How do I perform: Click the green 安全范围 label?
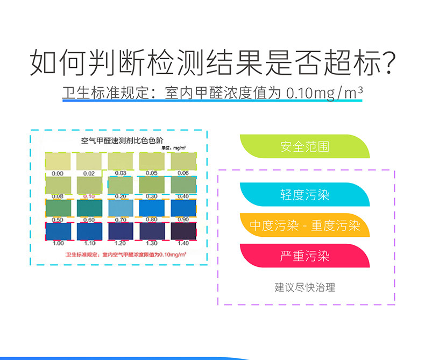point(304,146)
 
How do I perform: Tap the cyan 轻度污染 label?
point(304,195)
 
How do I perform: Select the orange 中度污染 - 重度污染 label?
point(304,225)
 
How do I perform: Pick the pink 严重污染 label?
point(304,256)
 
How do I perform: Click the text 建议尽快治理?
point(304,287)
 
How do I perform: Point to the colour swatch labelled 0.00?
point(58,161)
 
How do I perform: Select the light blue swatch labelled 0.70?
point(121,208)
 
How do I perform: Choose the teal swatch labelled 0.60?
point(89,208)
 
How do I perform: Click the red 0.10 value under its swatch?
point(89,196)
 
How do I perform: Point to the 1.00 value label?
point(58,243)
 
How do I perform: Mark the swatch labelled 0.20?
point(121,185)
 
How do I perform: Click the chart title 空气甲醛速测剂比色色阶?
point(117,141)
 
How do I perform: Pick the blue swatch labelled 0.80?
point(152,208)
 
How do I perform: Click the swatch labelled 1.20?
point(121,231)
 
